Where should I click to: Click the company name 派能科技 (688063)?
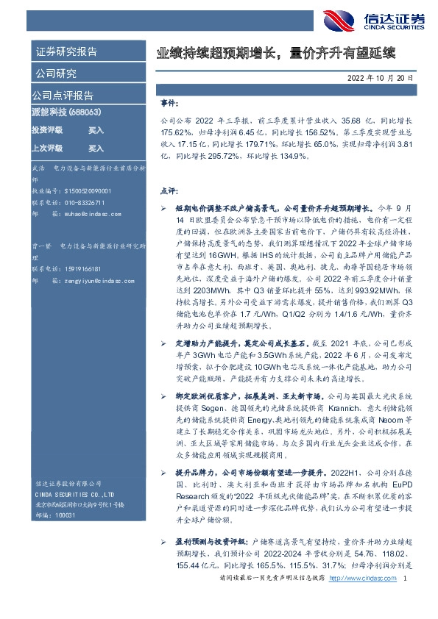click(67, 112)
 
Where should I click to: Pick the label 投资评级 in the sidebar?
click(47, 129)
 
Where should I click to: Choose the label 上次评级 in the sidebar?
click(47, 148)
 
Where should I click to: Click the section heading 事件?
click(169, 104)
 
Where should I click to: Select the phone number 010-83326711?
click(80, 201)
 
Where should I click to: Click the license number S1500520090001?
click(83, 189)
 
